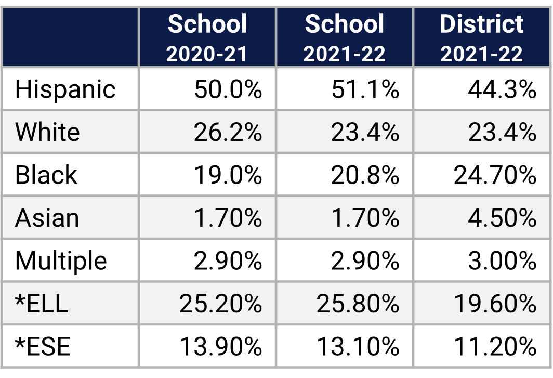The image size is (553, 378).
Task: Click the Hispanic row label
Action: pos(65,89)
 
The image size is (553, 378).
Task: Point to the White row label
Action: pos(47,133)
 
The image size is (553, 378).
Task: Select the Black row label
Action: pos(46,175)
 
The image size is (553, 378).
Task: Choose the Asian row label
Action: pos(47,218)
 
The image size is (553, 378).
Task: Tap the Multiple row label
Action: pos(61,260)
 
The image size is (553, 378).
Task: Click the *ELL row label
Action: pos(42,304)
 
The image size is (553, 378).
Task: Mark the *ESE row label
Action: pos(43,346)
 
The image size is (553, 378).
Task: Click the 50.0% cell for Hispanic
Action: pos(228,89)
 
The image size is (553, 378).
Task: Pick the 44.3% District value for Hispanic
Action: pos(502,89)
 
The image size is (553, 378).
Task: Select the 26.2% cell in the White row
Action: pos(228,133)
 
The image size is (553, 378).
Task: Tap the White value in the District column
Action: pos(502,133)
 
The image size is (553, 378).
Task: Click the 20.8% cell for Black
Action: pos(365,175)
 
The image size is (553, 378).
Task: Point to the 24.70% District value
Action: pos(495,175)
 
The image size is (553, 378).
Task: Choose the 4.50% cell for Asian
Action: pos(502,218)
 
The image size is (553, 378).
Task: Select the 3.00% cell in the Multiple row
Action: pos(502,260)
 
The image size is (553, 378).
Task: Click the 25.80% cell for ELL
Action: pos(358,304)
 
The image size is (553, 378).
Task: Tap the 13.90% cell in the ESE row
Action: pos(220,346)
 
